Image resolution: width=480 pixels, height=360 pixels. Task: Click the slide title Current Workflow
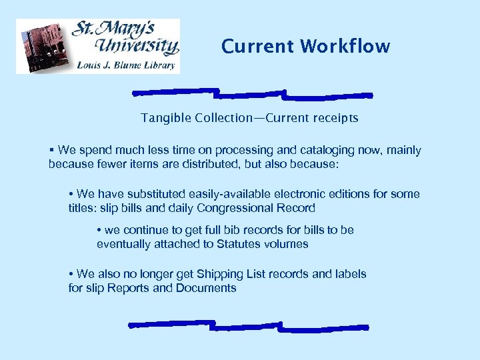pyautogui.click(x=305, y=47)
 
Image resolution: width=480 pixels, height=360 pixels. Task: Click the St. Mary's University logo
pyautogui.click(x=98, y=46)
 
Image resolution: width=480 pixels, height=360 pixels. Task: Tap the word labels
pyautogui.click(x=350, y=274)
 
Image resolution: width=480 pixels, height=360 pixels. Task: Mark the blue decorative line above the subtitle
pyautogui.click(x=252, y=93)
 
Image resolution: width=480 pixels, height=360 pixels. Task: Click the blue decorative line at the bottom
pyautogui.click(x=248, y=326)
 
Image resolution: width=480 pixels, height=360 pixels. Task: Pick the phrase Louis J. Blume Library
pyautogui.click(x=127, y=65)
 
